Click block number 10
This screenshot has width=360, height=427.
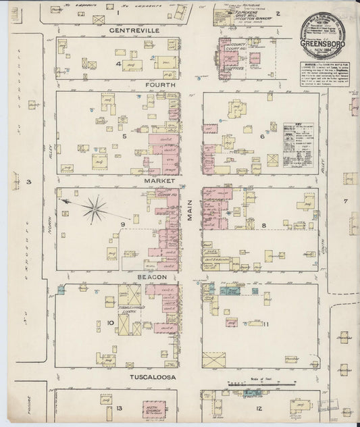click(x=109, y=323)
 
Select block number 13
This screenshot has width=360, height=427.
click(x=119, y=408)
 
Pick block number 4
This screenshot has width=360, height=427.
click(x=118, y=64)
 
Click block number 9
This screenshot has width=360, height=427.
click(x=123, y=225)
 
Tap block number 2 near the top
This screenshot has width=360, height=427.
click(x=277, y=13)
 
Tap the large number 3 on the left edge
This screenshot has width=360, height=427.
click(x=29, y=182)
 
